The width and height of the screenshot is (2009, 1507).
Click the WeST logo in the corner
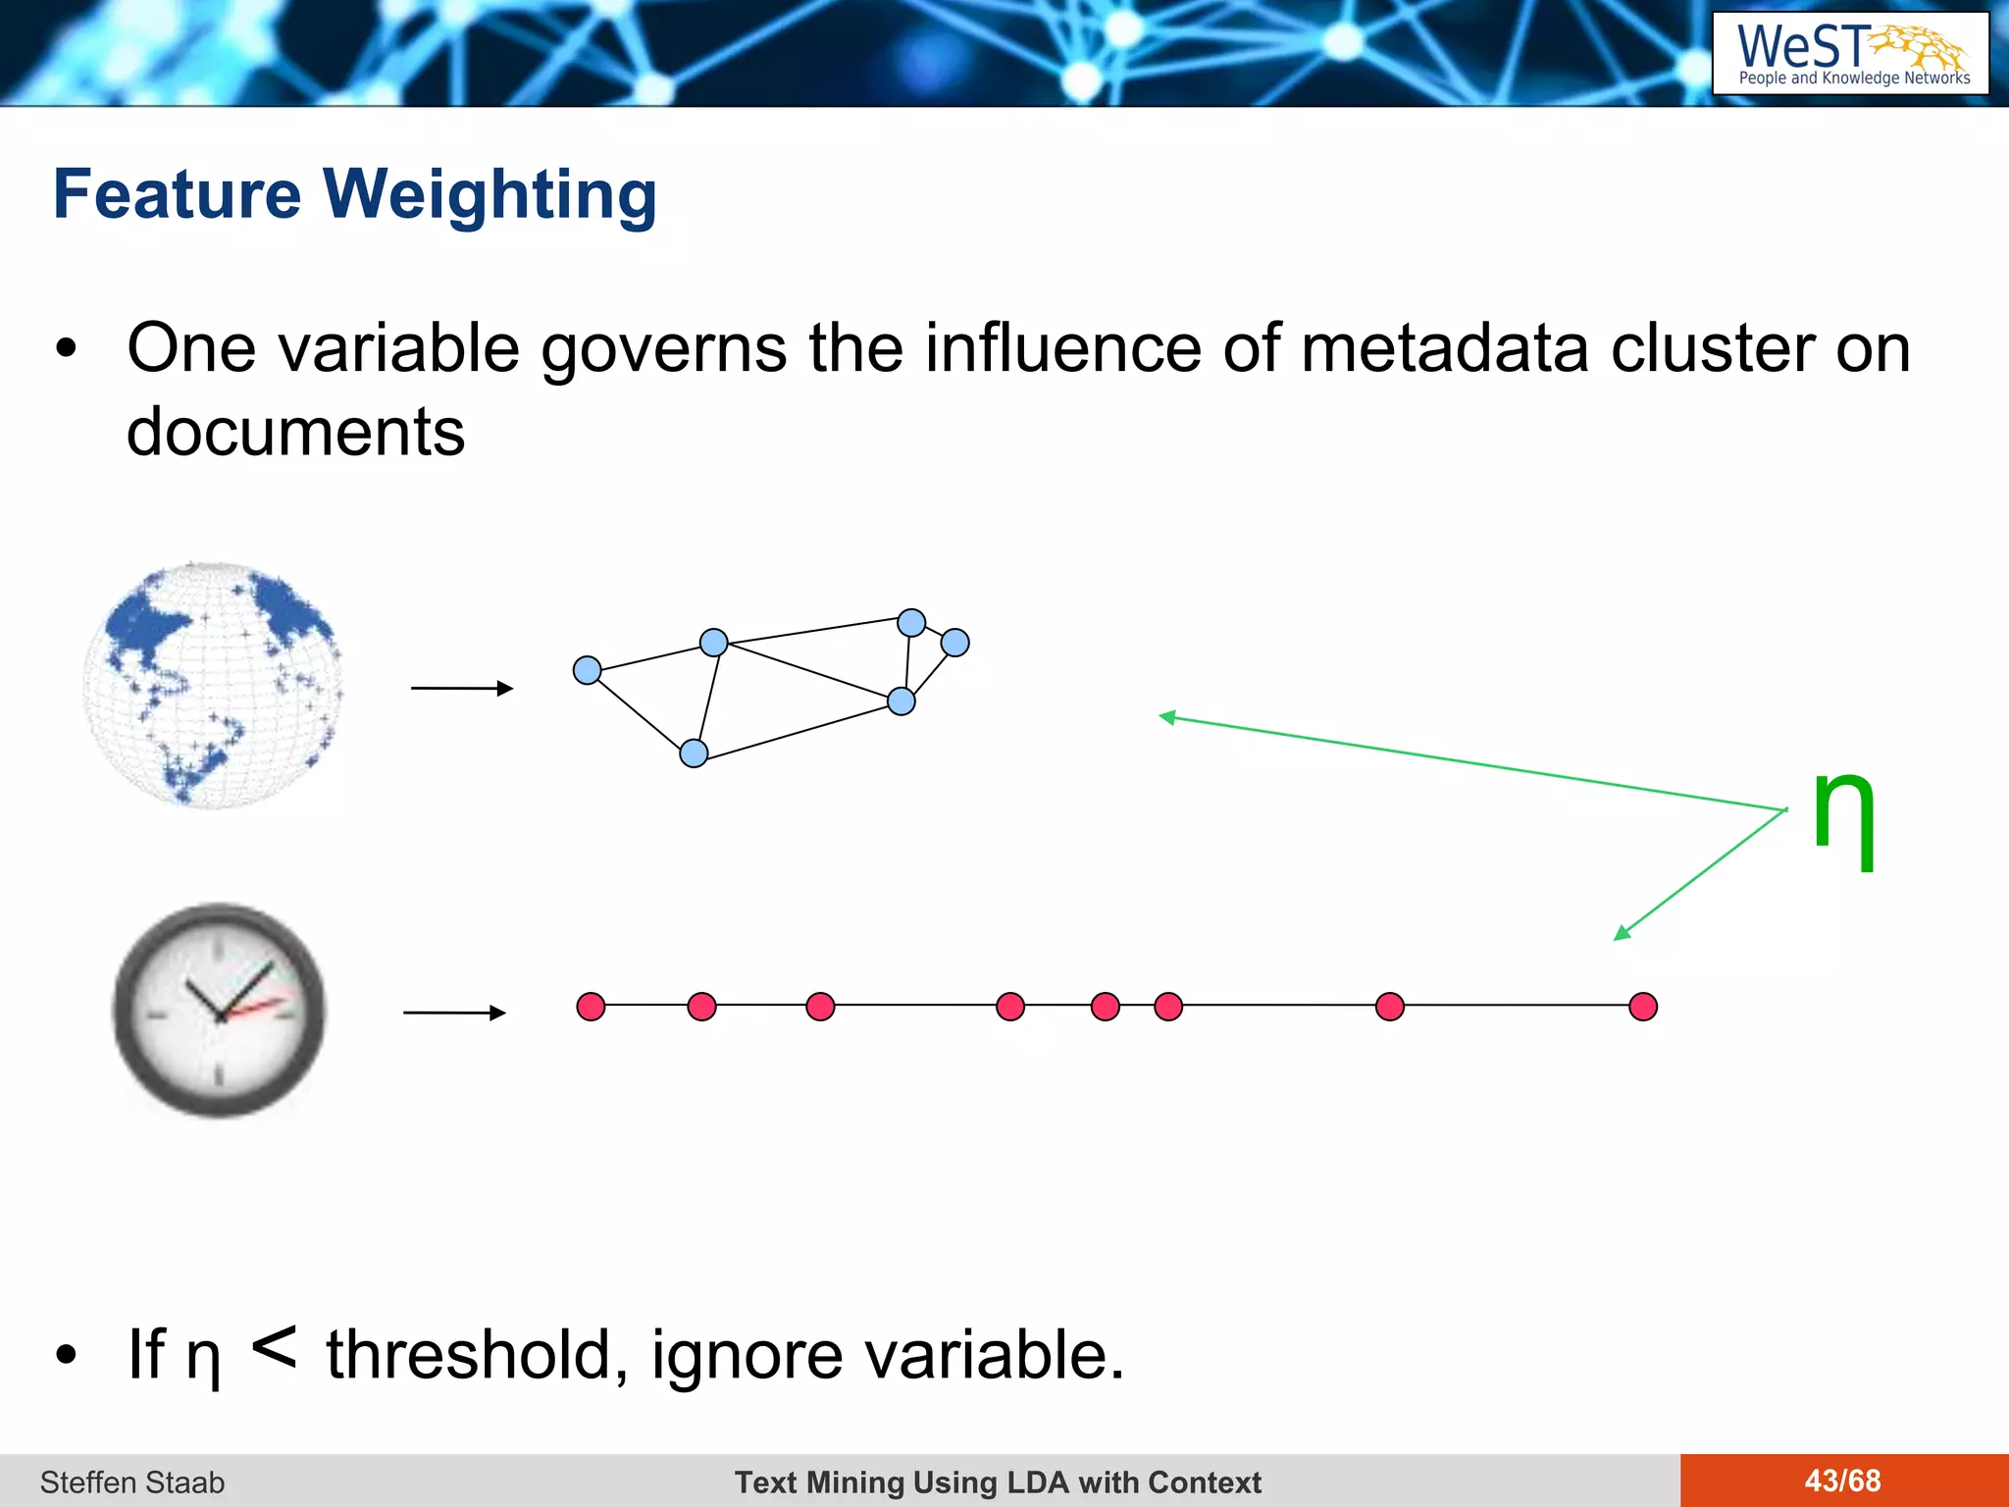[x=1850, y=53]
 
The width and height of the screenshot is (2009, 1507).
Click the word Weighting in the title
[x=489, y=194]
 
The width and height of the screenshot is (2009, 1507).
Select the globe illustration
[x=214, y=686]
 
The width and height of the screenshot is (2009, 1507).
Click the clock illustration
[x=220, y=1010]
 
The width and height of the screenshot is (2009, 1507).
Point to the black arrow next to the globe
[x=462, y=689]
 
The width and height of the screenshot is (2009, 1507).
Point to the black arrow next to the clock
[x=454, y=1013]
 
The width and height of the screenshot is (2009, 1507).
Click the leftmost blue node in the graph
[x=587, y=670]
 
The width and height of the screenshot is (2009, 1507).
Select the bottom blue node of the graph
[x=694, y=753]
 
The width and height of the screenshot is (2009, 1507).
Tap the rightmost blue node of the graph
[x=954, y=643]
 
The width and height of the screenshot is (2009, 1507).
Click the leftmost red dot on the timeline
[x=591, y=1007]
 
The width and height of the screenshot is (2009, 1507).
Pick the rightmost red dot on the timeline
[x=1643, y=1007]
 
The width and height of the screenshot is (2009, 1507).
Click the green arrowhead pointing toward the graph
[x=1166, y=717]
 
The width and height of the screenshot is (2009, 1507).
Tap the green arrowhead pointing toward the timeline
[x=1622, y=934]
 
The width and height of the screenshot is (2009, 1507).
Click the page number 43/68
[x=1842, y=1481]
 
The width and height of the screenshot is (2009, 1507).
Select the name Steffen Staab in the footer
[x=132, y=1481]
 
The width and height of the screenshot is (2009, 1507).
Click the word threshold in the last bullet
[x=470, y=1355]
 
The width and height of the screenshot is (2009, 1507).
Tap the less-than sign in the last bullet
[x=274, y=1348]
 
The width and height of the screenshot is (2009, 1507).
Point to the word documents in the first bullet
[x=295, y=432]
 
